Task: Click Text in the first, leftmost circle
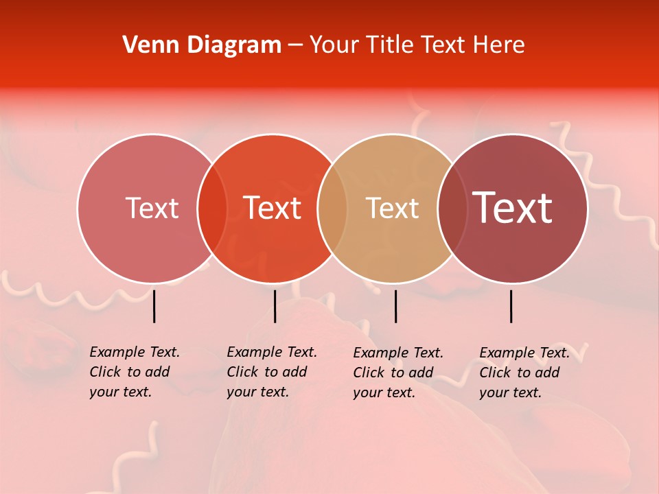pos(152,208)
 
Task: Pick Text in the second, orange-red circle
pos(273,208)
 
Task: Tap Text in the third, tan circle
pos(392,208)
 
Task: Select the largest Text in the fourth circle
pos(513,208)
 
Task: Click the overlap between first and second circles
pos(211,209)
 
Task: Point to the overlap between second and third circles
pos(332,209)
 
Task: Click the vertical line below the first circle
pos(154,306)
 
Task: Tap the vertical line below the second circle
pos(275,306)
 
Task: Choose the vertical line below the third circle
pos(395,306)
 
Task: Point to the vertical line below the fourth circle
pos(511,306)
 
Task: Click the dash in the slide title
pos(295,45)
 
